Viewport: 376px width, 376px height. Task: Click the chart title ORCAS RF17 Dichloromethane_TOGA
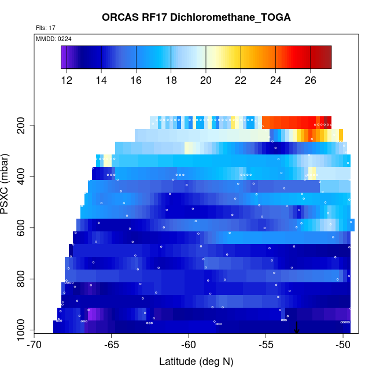[196, 17]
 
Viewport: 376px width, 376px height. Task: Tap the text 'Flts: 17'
[45, 28]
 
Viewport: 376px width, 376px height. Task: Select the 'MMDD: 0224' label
[54, 38]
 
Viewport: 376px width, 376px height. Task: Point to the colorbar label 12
[67, 80]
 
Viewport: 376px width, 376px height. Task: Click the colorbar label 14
[101, 80]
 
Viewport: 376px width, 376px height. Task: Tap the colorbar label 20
[206, 80]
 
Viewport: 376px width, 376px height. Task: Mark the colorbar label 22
[241, 80]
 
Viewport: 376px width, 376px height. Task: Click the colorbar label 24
[275, 80]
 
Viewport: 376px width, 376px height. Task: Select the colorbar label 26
[311, 80]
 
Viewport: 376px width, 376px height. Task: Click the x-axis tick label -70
[34, 345]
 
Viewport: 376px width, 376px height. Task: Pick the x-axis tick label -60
[189, 345]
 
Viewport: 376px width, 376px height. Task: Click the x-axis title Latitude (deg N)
[196, 362]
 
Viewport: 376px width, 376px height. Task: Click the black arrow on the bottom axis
[297, 328]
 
